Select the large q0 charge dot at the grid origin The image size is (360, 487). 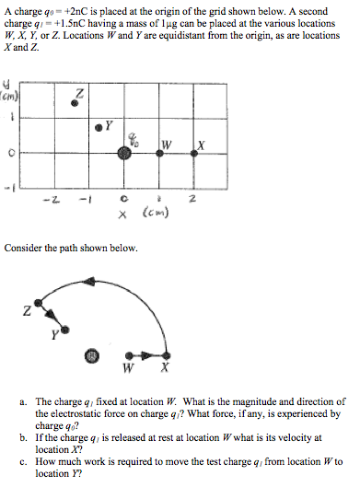coord(124,155)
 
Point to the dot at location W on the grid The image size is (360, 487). coord(160,155)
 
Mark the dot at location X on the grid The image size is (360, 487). coord(196,155)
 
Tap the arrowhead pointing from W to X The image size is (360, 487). coord(146,354)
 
